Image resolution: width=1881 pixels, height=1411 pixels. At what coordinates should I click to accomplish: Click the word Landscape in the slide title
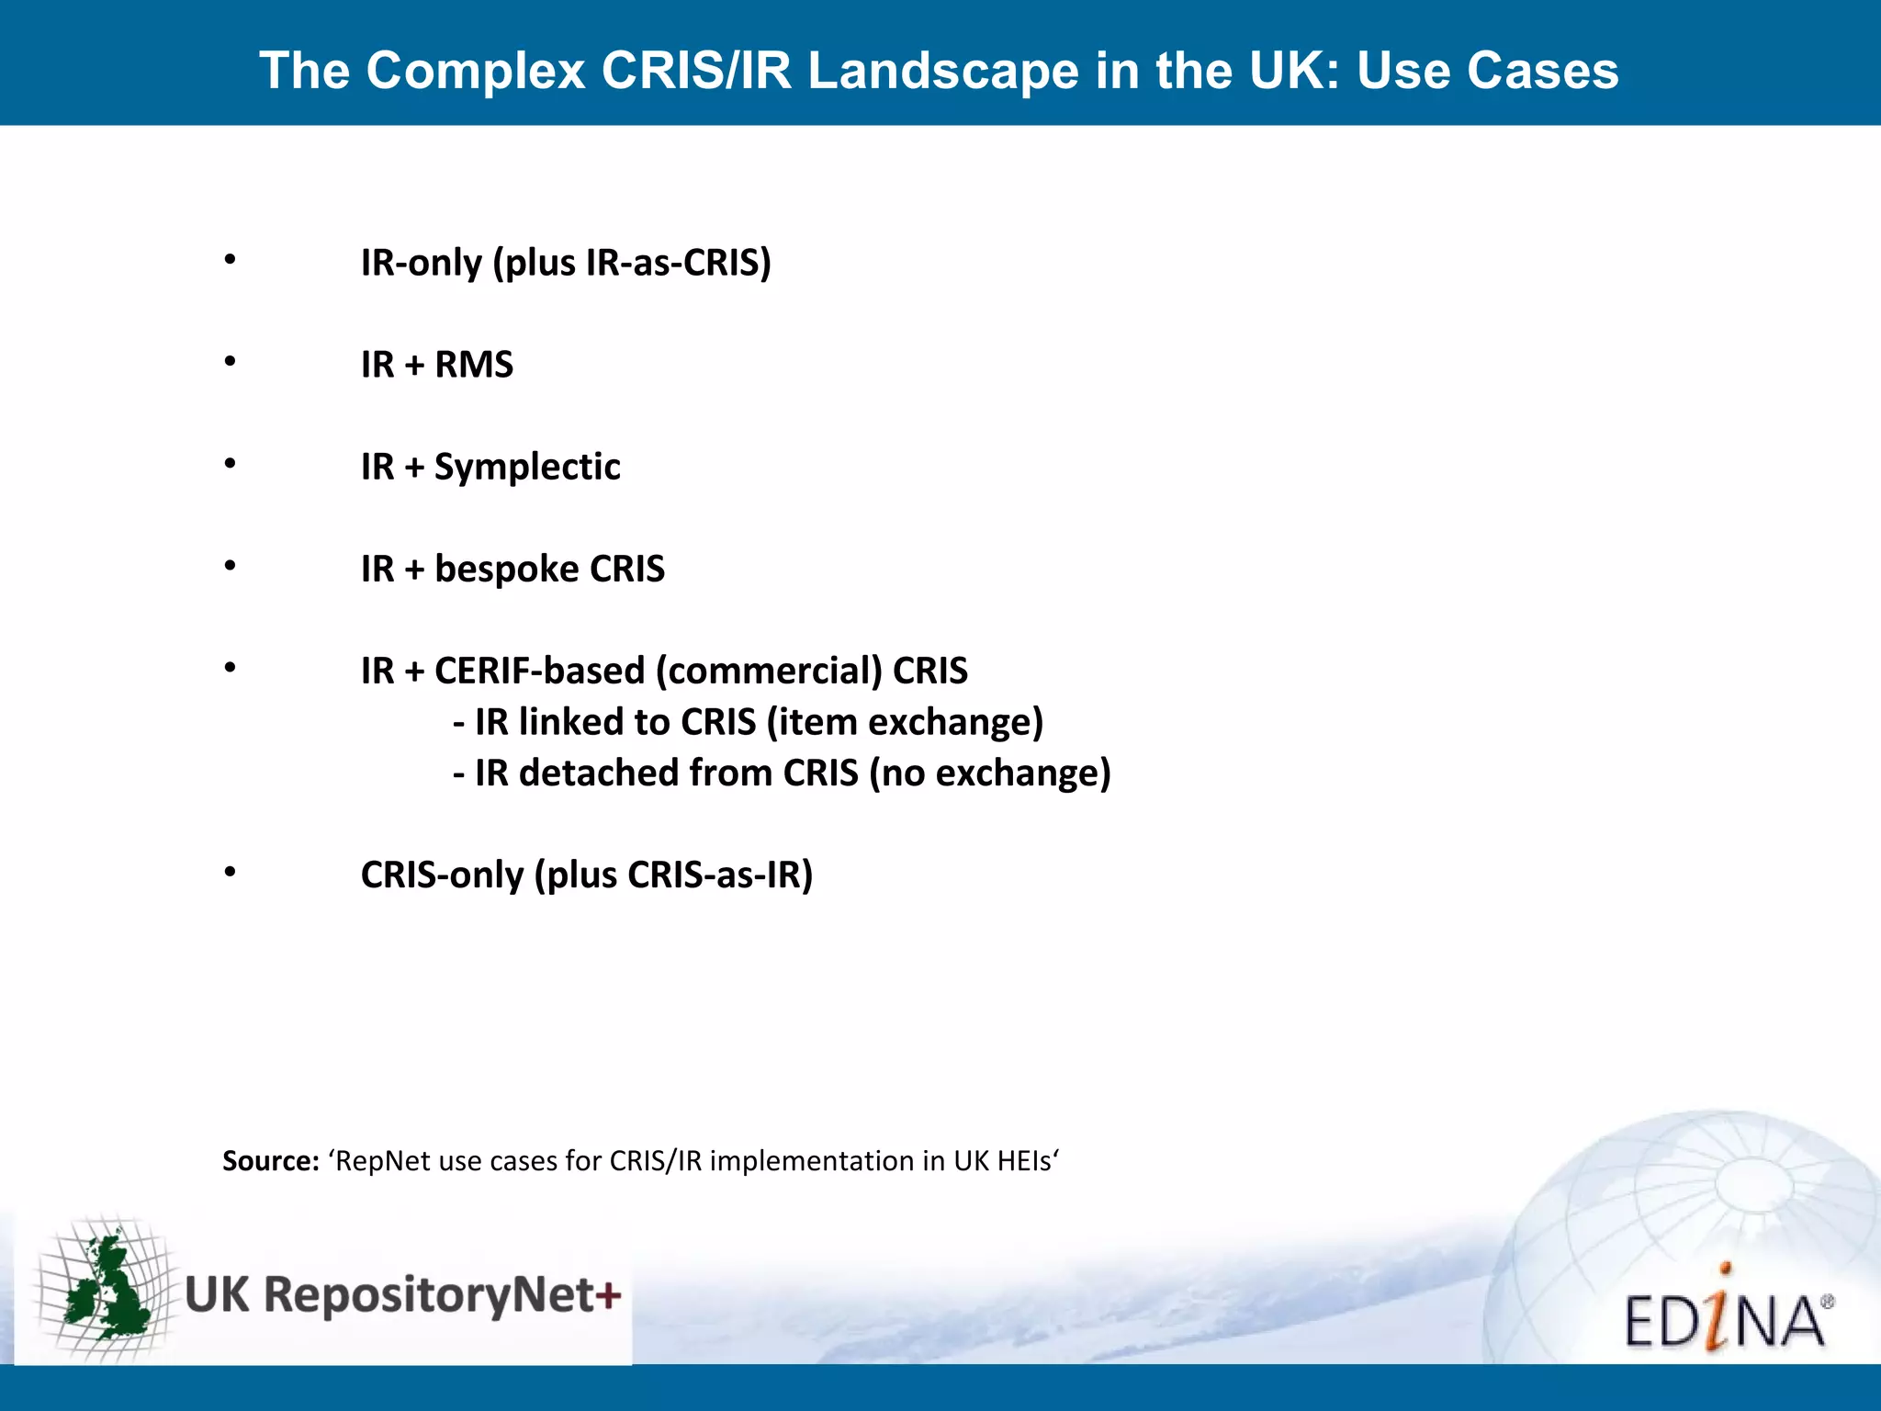tap(943, 71)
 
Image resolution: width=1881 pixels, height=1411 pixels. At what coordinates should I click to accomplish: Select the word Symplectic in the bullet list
tap(527, 467)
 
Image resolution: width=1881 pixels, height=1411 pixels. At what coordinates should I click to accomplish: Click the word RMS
tap(474, 365)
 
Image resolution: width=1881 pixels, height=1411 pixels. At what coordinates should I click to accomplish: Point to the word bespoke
tap(505, 569)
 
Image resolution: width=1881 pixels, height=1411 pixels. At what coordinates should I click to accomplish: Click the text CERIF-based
tap(539, 671)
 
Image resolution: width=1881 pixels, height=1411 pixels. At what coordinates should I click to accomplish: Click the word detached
tap(599, 773)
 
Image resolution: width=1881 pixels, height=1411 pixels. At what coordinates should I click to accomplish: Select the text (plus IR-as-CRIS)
tap(632, 263)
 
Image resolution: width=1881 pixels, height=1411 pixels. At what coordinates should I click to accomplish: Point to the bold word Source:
tap(270, 1161)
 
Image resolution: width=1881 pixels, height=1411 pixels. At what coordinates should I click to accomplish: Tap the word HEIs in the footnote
tap(1025, 1161)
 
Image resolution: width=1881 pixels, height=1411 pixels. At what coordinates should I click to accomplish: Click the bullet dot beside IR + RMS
tap(231, 362)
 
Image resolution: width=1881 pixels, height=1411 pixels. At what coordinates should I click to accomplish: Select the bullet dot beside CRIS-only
tap(231, 872)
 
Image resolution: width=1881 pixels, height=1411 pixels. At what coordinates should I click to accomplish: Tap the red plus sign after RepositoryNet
tap(607, 1296)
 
